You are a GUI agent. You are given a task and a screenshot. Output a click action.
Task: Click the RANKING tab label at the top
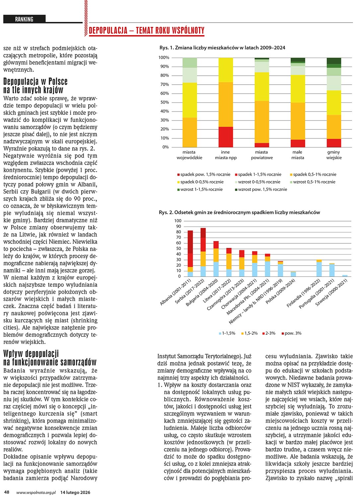(x=24, y=19)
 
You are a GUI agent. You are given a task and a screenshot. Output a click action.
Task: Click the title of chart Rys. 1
(x=222, y=47)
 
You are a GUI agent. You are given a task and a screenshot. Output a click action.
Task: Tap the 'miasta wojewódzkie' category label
(x=189, y=155)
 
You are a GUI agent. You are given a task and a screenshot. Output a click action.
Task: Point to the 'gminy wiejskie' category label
(x=334, y=155)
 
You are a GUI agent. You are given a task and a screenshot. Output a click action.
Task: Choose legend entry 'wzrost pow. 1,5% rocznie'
(x=261, y=189)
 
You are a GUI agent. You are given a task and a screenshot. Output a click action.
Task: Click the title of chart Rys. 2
(x=239, y=212)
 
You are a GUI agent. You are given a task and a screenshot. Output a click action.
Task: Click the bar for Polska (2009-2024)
(x=293, y=274)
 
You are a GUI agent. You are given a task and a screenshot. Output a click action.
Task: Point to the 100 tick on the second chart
(x=178, y=221)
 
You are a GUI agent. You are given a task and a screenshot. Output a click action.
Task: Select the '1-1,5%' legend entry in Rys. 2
(x=227, y=333)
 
